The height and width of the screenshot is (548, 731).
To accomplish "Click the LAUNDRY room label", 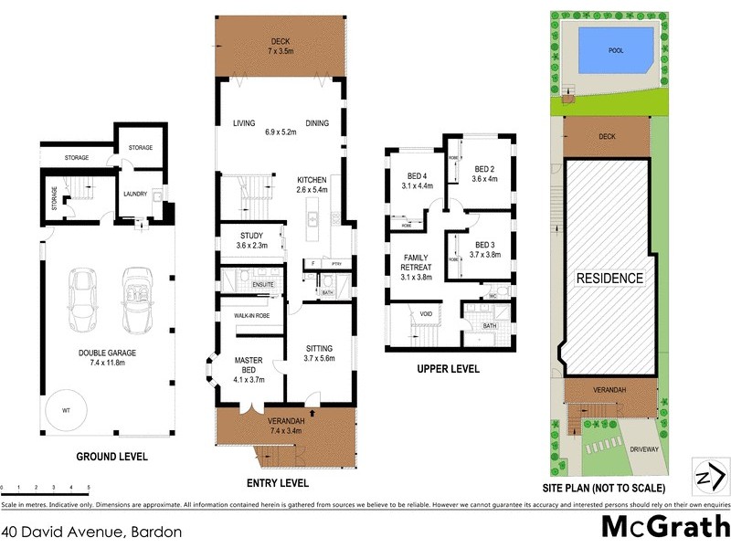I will (x=136, y=194).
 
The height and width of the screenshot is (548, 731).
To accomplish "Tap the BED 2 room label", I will (x=485, y=174).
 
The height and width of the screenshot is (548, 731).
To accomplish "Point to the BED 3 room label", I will (x=485, y=248).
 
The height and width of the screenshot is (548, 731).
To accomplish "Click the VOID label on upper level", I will (x=426, y=313).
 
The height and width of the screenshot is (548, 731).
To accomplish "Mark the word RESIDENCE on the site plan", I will (x=609, y=278).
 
